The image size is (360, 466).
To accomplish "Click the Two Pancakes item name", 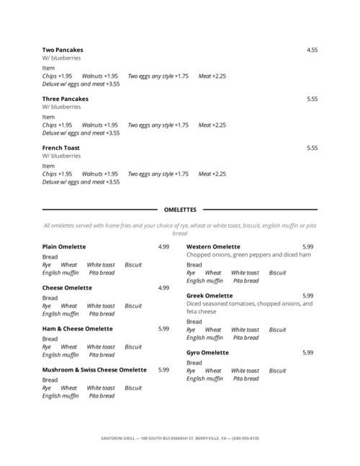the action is (63, 50).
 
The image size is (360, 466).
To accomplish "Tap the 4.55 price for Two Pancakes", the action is (312, 50).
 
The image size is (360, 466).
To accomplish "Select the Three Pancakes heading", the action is (66, 99).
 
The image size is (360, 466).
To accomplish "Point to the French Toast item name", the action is (61, 148).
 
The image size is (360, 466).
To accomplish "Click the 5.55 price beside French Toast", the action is (312, 148).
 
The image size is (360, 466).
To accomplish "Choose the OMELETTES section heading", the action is (180, 210).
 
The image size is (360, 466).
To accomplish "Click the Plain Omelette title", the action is (64, 246).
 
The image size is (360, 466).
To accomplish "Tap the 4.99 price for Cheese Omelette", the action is (163, 287).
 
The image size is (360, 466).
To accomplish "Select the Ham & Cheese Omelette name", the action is (77, 328).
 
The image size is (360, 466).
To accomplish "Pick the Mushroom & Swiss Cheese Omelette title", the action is (94, 369).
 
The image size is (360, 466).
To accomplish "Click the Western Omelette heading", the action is (213, 246).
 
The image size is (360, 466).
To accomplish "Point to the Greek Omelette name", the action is (210, 295).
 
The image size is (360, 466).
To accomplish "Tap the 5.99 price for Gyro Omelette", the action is (307, 352).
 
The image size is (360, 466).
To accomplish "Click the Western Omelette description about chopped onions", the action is (248, 254).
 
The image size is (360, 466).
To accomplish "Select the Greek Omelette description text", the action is (249, 308).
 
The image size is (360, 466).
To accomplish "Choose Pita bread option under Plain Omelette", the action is (102, 273).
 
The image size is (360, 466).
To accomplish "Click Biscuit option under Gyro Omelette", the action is (277, 371).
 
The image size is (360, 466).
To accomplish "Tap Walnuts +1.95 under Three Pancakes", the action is (100, 125).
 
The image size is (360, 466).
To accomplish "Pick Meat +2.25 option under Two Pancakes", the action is (212, 76).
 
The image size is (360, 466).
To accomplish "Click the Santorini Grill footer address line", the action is (180, 437).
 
